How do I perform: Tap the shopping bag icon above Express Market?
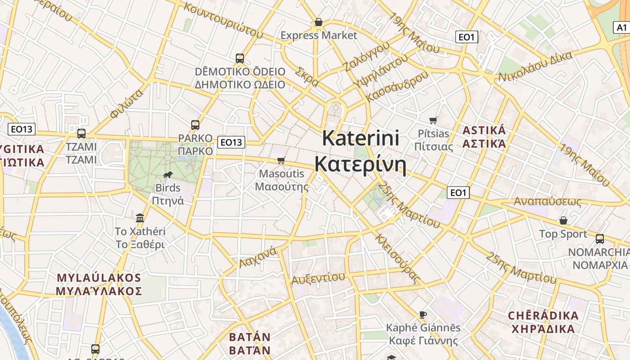point(319,22)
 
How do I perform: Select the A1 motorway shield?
point(621,27)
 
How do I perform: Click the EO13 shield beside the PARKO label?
point(231,142)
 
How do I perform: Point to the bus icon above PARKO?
point(195,125)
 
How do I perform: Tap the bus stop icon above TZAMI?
point(81,133)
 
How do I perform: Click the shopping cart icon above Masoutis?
point(281,161)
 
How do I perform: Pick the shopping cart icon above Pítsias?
point(433,120)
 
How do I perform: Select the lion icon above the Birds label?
point(168,175)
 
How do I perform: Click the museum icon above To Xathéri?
point(140,218)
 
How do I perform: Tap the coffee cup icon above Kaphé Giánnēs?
point(423,315)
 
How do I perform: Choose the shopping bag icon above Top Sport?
point(563,220)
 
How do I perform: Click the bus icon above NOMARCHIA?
point(599,238)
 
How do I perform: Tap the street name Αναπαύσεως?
point(548,202)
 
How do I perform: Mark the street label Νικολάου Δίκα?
point(535,67)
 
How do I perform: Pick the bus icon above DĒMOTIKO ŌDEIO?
point(240,58)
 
